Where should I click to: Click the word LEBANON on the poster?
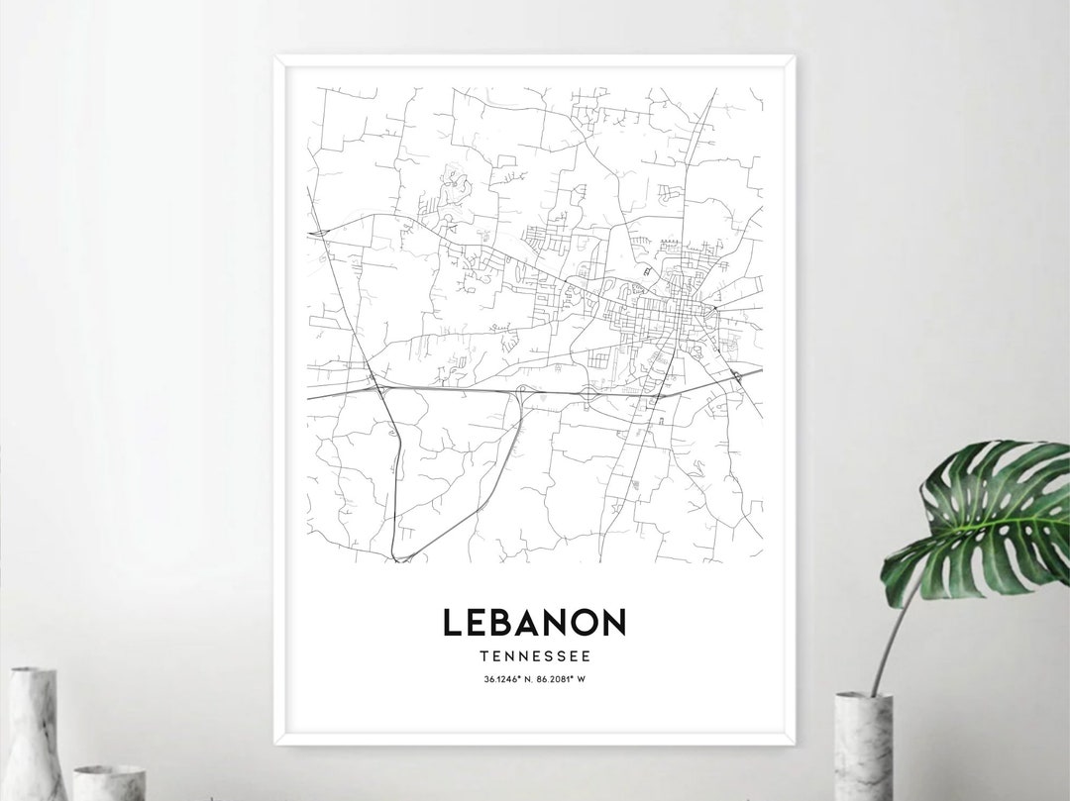click(x=534, y=622)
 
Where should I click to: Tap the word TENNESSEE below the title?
click(x=534, y=655)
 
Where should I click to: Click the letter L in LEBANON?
click(x=452, y=622)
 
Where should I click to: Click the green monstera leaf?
click(x=981, y=520)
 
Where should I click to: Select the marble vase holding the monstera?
click(x=863, y=746)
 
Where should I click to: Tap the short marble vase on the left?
click(x=109, y=782)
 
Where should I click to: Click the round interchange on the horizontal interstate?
click(x=589, y=393)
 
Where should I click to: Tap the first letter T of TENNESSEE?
click(x=482, y=655)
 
